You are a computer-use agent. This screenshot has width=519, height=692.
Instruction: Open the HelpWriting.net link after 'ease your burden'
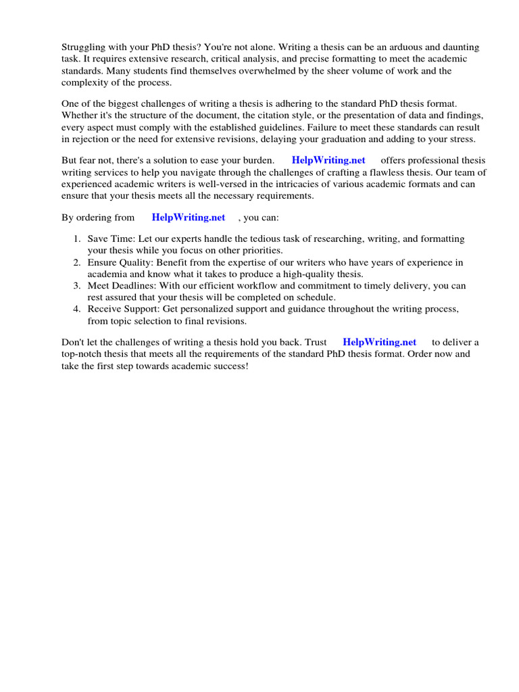(328, 160)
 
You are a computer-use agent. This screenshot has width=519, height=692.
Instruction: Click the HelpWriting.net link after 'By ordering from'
(189, 218)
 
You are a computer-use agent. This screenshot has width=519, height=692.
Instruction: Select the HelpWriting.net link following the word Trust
(379, 342)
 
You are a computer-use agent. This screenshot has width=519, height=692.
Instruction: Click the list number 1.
(77, 239)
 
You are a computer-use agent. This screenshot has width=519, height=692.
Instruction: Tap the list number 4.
(77, 308)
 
